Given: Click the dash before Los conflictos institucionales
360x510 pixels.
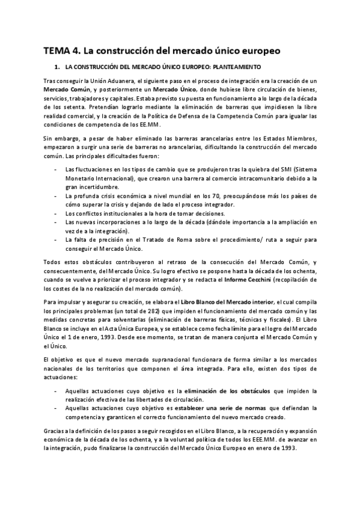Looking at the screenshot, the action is tap(55, 213).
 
